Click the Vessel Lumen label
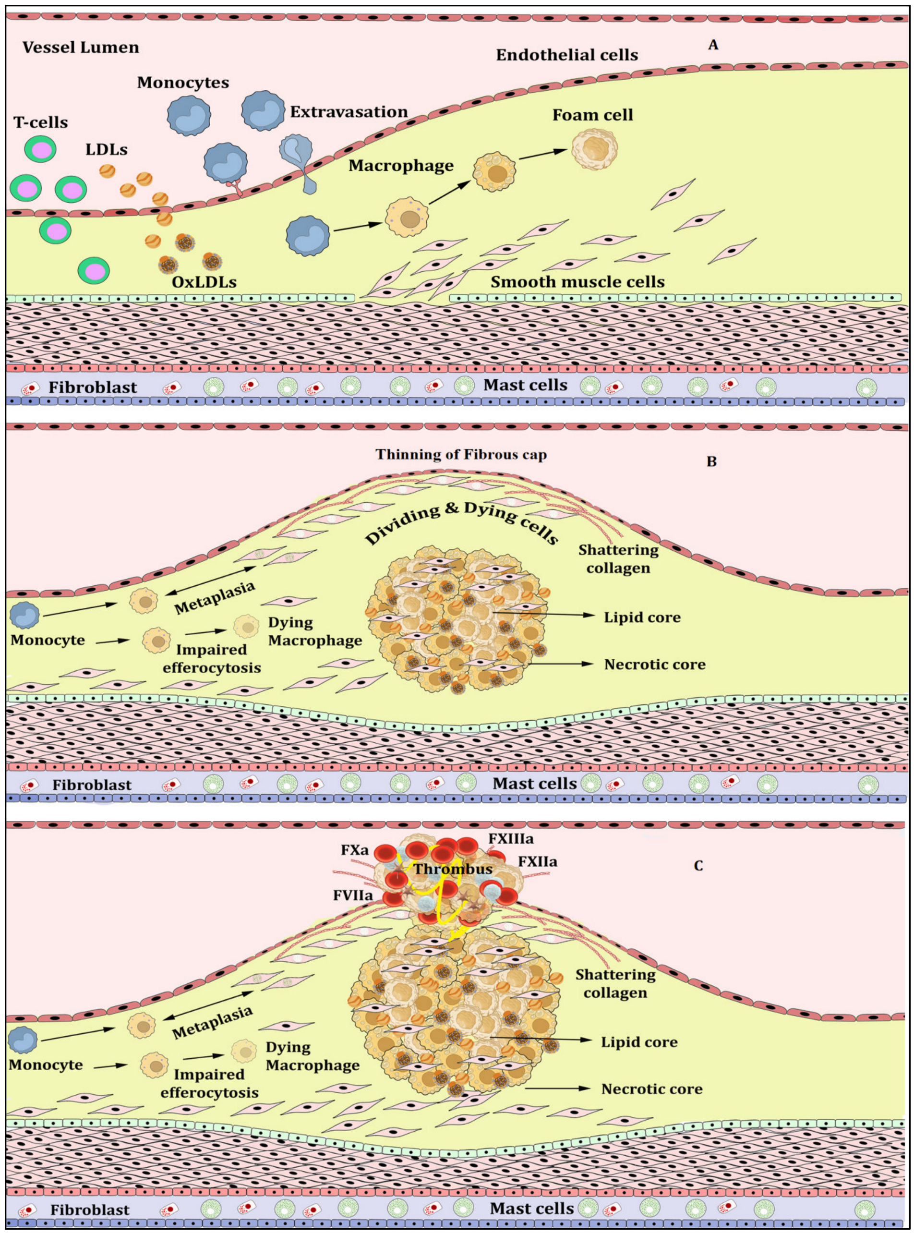pos(81,48)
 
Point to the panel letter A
pos(713,45)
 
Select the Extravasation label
pos(349,112)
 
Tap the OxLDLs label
pos(204,282)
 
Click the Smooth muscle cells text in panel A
pos(577,282)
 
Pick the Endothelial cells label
pos(566,55)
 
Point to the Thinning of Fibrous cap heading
pos(461,455)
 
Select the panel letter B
pos(711,461)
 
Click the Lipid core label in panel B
pos(642,617)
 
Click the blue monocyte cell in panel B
pos(25,616)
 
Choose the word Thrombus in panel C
pos(453,869)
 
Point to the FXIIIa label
pos(511,839)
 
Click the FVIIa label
pos(353,895)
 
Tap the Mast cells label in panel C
pos(532,1209)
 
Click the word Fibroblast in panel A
pos(92,387)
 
